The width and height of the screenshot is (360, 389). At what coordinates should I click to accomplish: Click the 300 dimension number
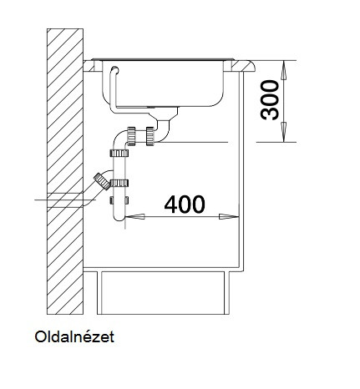pyautogui.click(x=270, y=100)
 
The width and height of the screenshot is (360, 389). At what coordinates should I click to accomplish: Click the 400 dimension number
pyautogui.click(x=185, y=205)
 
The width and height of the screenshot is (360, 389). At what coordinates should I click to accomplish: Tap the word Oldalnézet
pyautogui.click(x=74, y=336)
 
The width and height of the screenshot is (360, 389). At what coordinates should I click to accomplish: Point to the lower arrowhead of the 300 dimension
pyautogui.click(x=284, y=132)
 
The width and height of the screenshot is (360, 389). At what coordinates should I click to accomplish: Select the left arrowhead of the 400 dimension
pyautogui.click(x=135, y=216)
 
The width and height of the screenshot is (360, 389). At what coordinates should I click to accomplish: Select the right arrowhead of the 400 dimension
pyautogui.click(x=229, y=216)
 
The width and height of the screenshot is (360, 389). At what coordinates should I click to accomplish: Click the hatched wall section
pyautogui.click(x=65, y=171)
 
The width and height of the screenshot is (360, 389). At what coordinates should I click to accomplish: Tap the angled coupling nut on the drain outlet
pyautogui.click(x=102, y=181)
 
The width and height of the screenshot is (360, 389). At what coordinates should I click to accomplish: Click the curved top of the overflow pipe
pyautogui.click(x=114, y=70)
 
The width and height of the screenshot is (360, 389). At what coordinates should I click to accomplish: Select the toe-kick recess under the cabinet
pyautogui.click(x=163, y=293)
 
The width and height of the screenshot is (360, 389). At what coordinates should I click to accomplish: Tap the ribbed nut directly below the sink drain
pyautogui.click(x=150, y=135)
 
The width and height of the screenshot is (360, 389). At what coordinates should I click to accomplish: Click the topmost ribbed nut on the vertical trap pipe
pyautogui.click(x=119, y=153)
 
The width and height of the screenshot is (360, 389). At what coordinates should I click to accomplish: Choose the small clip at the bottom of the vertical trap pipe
pyautogui.click(x=119, y=200)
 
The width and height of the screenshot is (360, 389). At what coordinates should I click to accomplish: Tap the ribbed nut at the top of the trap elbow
pyautogui.click(x=131, y=135)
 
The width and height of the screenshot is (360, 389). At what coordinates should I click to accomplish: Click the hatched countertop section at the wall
pyautogui.click(x=89, y=66)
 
